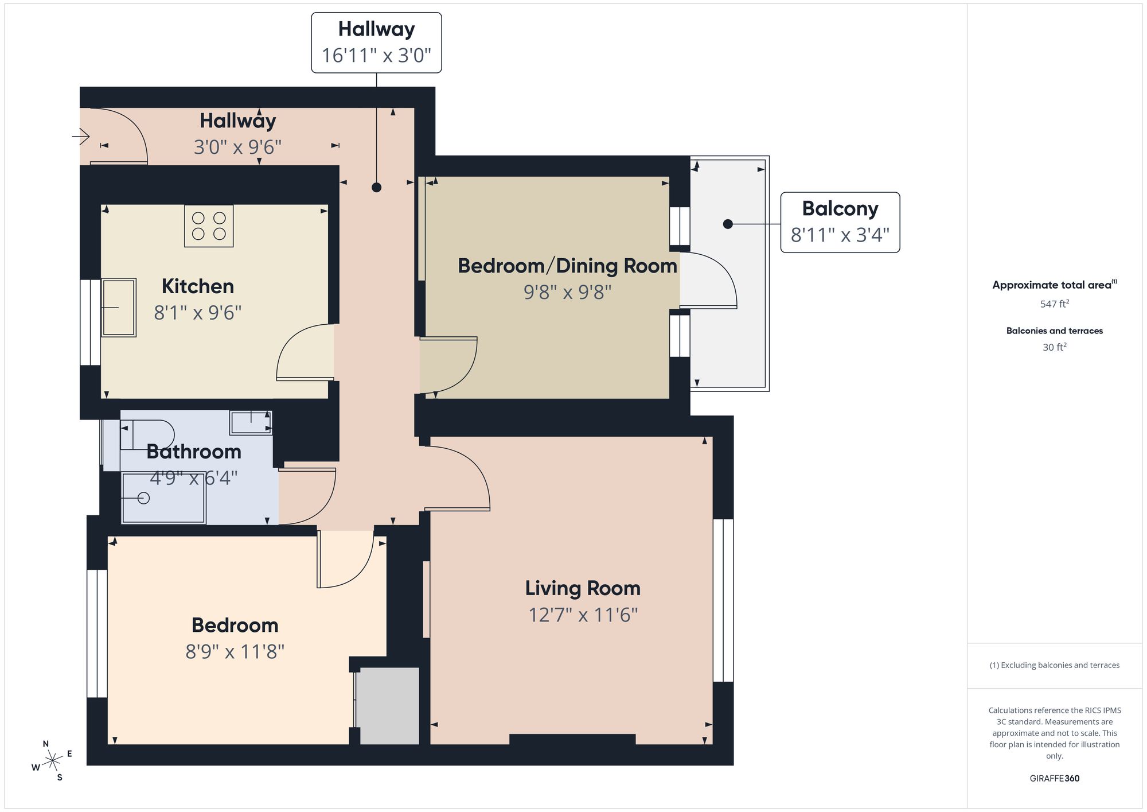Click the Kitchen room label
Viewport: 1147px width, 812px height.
pyautogui.click(x=198, y=286)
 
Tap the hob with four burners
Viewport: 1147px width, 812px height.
pyautogui.click(x=209, y=226)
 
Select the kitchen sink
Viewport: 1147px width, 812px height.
pyautogui.click(x=119, y=308)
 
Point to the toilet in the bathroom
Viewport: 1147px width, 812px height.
pyautogui.click(x=147, y=434)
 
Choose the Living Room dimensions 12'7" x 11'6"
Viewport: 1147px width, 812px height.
pyautogui.click(x=583, y=615)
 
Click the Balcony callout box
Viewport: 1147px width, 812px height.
pyautogui.click(x=840, y=223)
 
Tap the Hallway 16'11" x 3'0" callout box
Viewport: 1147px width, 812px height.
pyautogui.click(x=376, y=43)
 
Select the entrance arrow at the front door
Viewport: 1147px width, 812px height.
pyautogui.click(x=81, y=137)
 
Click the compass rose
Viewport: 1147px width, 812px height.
pyautogui.click(x=53, y=761)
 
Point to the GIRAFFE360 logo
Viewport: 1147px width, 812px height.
pyautogui.click(x=1054, y=778)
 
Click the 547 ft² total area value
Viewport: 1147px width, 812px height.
pyautogui.click(x=1055, y=304)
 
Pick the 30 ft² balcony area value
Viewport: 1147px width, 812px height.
pyautogui.click(x=1055, y=347)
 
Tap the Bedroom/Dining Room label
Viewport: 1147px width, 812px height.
pyautogui.click(x=567, y=266)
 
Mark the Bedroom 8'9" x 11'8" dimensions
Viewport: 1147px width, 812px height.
pyautogui.click(x=235, y=652)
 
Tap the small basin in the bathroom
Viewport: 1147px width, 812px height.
pyautogui.click(x=251, y=423)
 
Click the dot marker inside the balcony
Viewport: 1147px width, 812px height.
pyautogui.click(x=728, y=224)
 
